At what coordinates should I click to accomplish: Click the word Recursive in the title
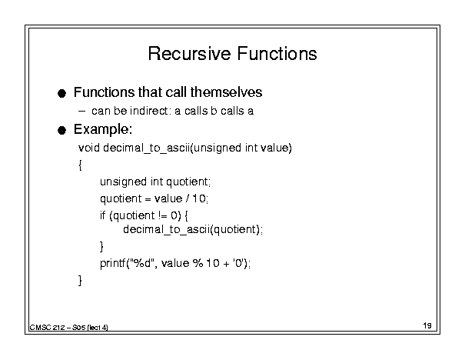click(x=189, y=54)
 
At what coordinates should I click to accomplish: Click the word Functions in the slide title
click(x=277, y=54)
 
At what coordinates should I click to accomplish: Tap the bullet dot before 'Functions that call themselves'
click(x=61, y=94)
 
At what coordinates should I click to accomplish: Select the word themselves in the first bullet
click(x=226, y=92)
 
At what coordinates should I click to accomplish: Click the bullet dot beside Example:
click(x=61, y=130)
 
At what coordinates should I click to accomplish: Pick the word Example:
click(x=103, y=129)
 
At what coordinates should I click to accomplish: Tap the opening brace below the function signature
click(x=80, y=165)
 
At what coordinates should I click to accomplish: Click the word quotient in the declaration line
click(x=187, y=182)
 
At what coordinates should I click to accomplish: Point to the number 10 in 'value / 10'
click(x=199, y=198)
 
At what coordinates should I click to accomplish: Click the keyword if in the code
click(x=103, y=215)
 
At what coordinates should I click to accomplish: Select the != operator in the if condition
click(x=163, y=215)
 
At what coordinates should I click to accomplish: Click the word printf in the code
click(x=113, y=263)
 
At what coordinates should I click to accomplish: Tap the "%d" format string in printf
click(x=143, y=262)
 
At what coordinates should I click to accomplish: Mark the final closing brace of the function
click(x=80, y=280)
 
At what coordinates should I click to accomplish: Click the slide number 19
click(x=427, y=325)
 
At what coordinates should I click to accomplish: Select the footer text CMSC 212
click(x=47, y=328)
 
